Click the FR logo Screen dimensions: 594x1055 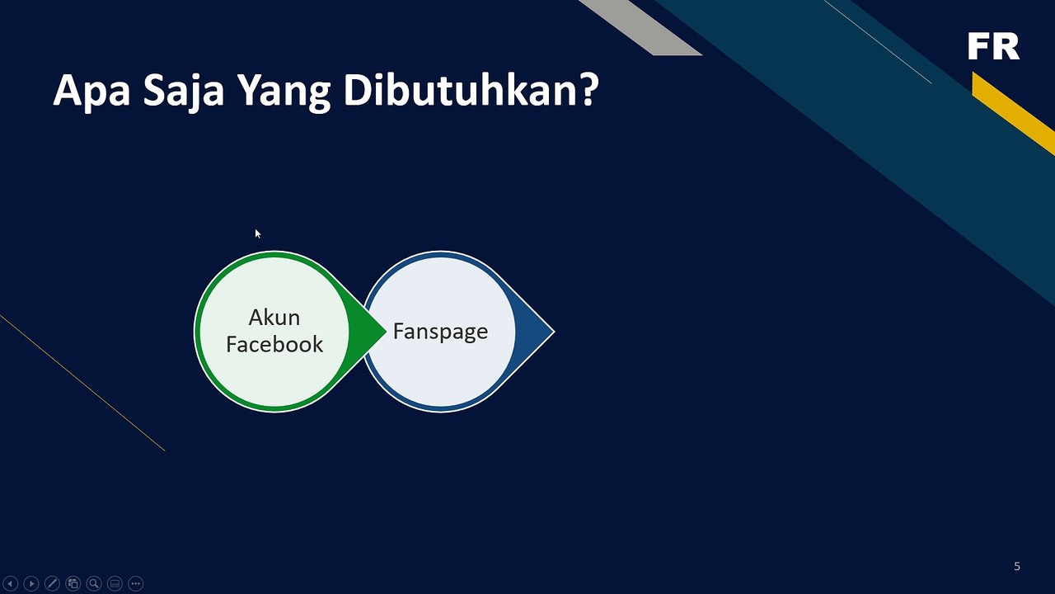993,47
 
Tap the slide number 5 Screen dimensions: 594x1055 1016,566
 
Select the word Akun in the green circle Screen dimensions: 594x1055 274,318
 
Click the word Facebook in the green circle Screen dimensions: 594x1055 274,345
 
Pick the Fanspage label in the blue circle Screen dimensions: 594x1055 440,332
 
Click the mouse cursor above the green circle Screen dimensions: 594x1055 257,234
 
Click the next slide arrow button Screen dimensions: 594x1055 31,584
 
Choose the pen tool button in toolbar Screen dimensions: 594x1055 52,584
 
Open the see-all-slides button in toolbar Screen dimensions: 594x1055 73,584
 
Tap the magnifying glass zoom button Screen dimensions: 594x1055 94,584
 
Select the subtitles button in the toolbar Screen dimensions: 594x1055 115,584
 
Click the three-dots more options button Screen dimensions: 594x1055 136,584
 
